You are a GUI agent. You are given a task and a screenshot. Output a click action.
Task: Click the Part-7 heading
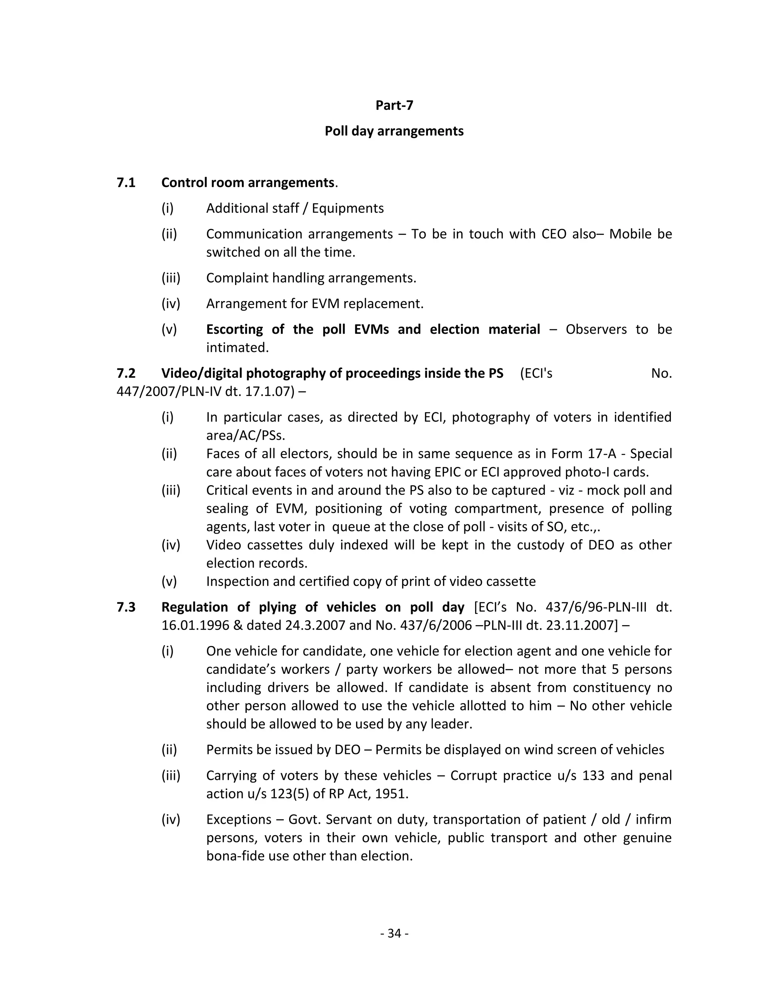pos(394,105)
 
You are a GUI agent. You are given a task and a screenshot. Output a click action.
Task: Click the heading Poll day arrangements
pos(394,131)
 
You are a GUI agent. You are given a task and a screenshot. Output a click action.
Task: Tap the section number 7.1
pos(126,183)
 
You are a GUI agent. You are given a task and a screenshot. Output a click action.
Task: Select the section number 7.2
pos(126,373)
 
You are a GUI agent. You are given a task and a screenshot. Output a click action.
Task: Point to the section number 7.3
pos(126,607)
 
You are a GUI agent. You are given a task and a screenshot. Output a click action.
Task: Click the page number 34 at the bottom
pos(394,933)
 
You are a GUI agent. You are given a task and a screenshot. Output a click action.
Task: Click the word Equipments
pos(348,209)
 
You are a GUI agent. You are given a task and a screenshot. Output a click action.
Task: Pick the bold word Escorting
pos(234,330)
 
